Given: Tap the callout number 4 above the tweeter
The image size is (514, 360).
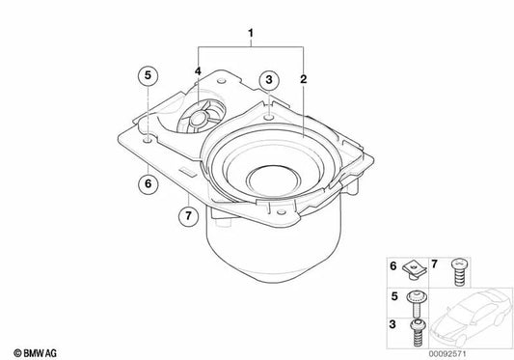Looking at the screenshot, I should [x=198, y=71].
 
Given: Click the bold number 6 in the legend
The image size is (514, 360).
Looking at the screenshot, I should [x=392, y=264].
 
